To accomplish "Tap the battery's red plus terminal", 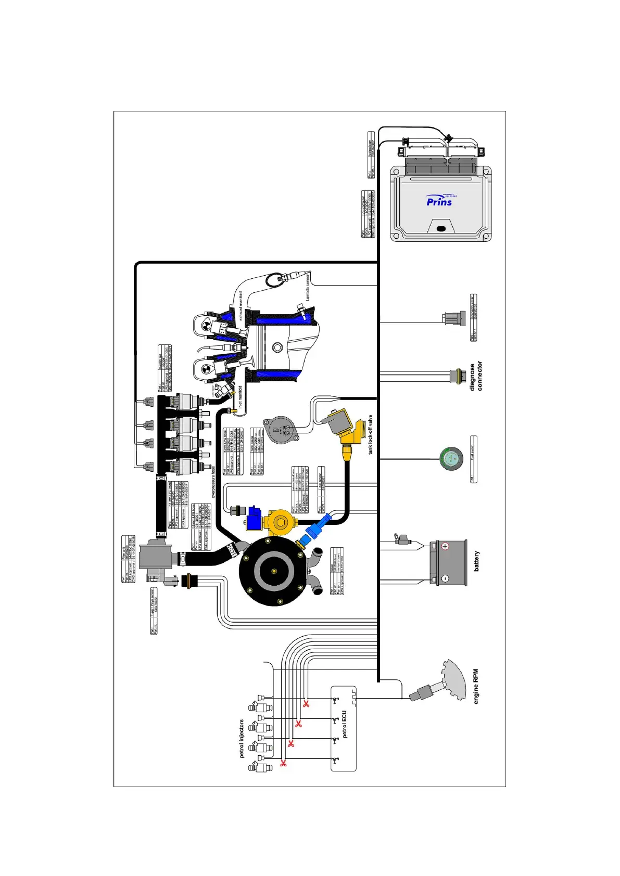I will (445, 546).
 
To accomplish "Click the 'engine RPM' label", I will (476, 687).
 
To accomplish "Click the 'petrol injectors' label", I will (242, 739).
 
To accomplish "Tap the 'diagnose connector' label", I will (476, 376).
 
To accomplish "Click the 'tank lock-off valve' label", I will (371, 434).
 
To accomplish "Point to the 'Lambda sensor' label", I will (308, 286).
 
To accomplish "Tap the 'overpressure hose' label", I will (213, 482).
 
